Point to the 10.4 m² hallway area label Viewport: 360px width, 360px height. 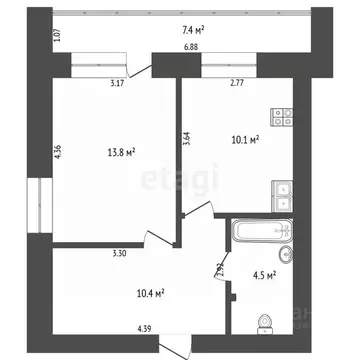coord(150,293)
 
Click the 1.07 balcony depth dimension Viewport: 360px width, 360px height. coord(58,38)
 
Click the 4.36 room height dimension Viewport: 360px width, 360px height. coord(58,152)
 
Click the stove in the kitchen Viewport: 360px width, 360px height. coord(283,118)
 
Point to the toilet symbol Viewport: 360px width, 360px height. coord(265,323)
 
